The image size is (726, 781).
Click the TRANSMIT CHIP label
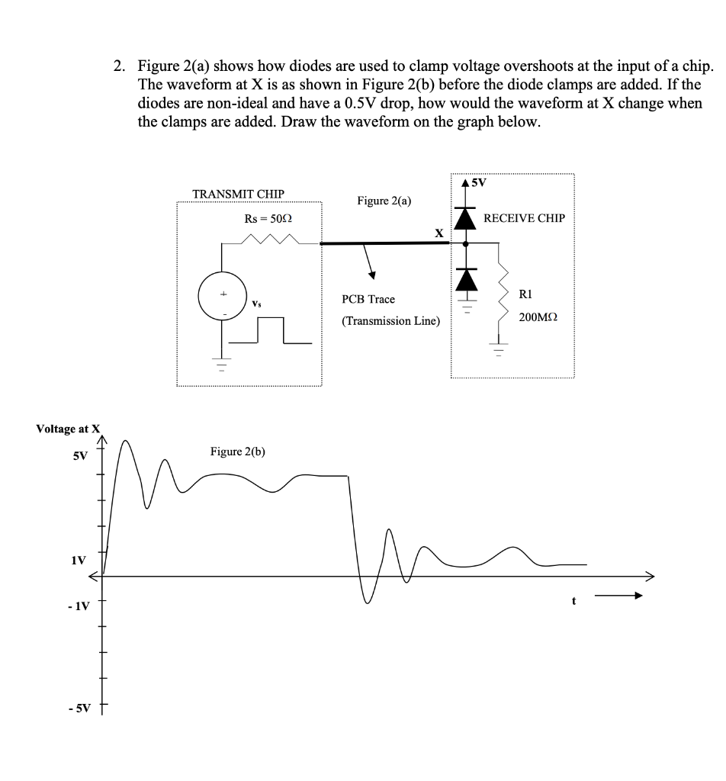click(x=238, y=194)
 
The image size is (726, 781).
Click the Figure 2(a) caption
click(x=384, y=201)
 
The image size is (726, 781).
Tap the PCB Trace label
click(x=368, y=300)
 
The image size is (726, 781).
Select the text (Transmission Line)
click(x=390, y=321)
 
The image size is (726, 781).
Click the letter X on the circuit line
click(x=438, y=233)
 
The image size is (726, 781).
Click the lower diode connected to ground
click(x=466, y=280)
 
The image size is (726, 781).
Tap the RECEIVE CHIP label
click(x=524, y=218)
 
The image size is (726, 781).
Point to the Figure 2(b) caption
click(x=237, y=452)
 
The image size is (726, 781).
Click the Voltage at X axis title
click(x=68, y=429)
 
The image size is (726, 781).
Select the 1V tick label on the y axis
click(x=79, y=561)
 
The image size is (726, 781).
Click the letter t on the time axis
click(x=573, y=600)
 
